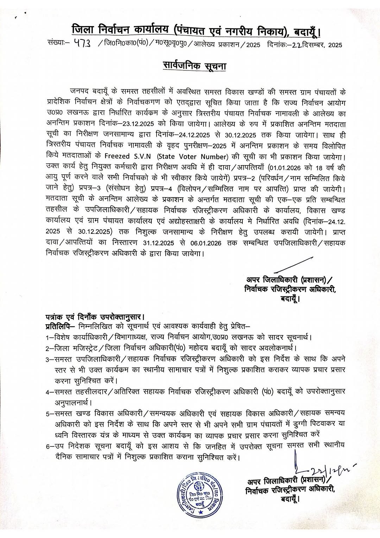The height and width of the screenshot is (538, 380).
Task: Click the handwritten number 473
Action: pyautogui.click(x=83, y=45)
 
